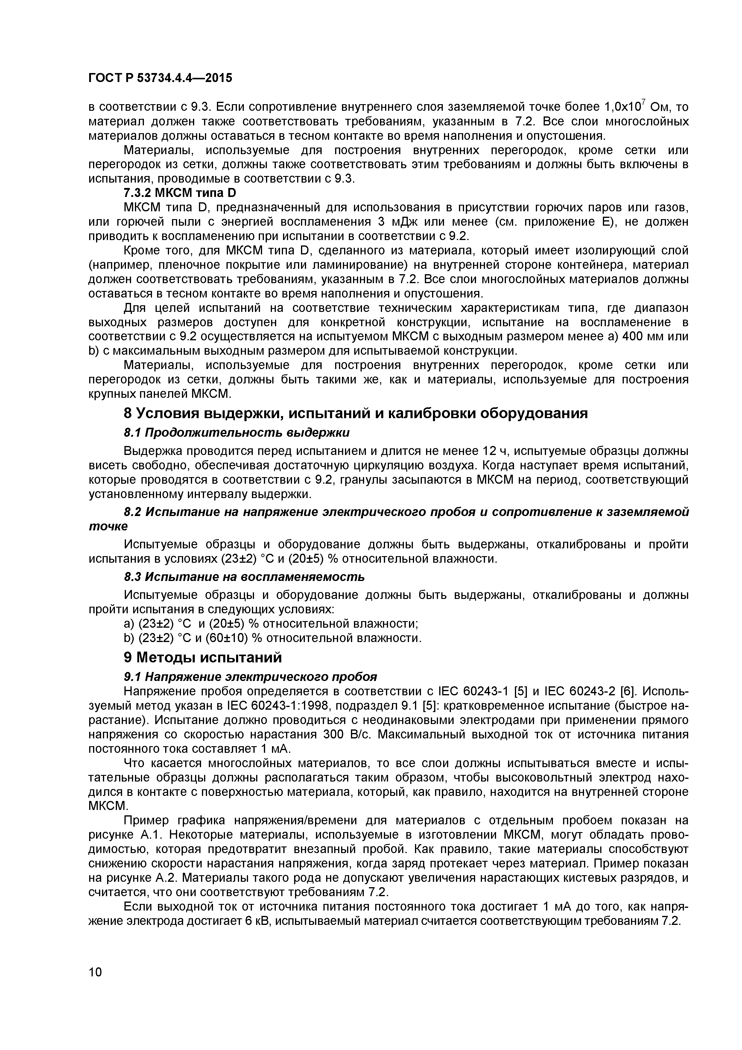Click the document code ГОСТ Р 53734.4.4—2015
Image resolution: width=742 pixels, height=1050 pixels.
(160, 78)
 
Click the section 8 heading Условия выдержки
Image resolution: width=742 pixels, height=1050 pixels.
(356, 413)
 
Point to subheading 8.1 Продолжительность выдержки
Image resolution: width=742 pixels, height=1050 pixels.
(237, 432)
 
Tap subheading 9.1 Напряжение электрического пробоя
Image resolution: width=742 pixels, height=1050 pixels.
(250, 676)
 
